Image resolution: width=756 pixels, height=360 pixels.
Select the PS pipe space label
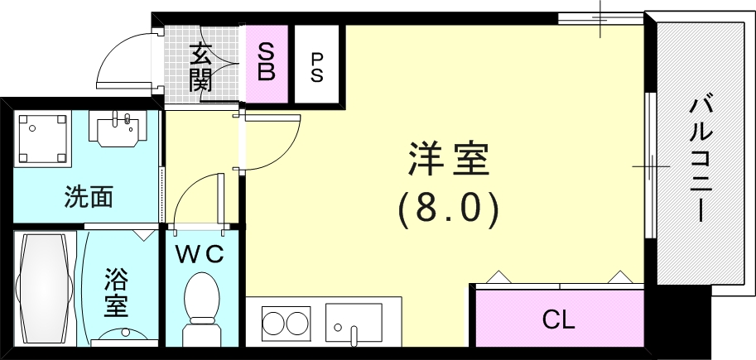click(317, 65)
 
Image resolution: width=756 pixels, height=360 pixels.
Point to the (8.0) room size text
click(448, 209)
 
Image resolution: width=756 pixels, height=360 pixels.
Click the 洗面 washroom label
click(89, 198)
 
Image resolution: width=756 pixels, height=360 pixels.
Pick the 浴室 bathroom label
click(116, 294)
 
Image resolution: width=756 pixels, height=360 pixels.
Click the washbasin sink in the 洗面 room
click(118, 129)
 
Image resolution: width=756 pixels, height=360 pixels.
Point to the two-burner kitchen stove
click(285, 320)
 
